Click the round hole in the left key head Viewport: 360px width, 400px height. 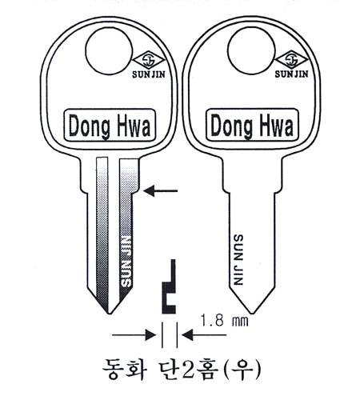[x=109, y=51]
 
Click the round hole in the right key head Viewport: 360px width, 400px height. [x=251, y=51]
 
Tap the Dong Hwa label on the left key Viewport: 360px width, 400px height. [x=110, y=125]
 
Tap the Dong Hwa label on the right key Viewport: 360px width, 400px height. [x=252, y=125]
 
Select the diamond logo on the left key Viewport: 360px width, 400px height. [x=149, y=61]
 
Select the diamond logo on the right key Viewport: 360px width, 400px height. [x=291, y=61]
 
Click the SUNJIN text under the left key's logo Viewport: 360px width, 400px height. [x=149, y=74]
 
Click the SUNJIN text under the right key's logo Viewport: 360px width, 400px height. [x=291, y=74]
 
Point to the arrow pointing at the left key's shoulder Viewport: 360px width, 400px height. [x=161, y=191]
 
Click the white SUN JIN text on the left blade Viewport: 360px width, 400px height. [x=126, y=262]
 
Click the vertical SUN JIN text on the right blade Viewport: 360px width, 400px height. [x=238, y=260]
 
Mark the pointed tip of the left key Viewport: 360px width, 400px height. [x=109, y=314]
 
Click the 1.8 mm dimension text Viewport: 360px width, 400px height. [x=224, y=320]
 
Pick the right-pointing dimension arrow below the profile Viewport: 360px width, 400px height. [x=134, y=335]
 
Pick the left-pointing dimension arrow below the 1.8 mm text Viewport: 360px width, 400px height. [x=204, y=335]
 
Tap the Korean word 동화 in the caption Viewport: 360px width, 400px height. [x=124, y=370]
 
